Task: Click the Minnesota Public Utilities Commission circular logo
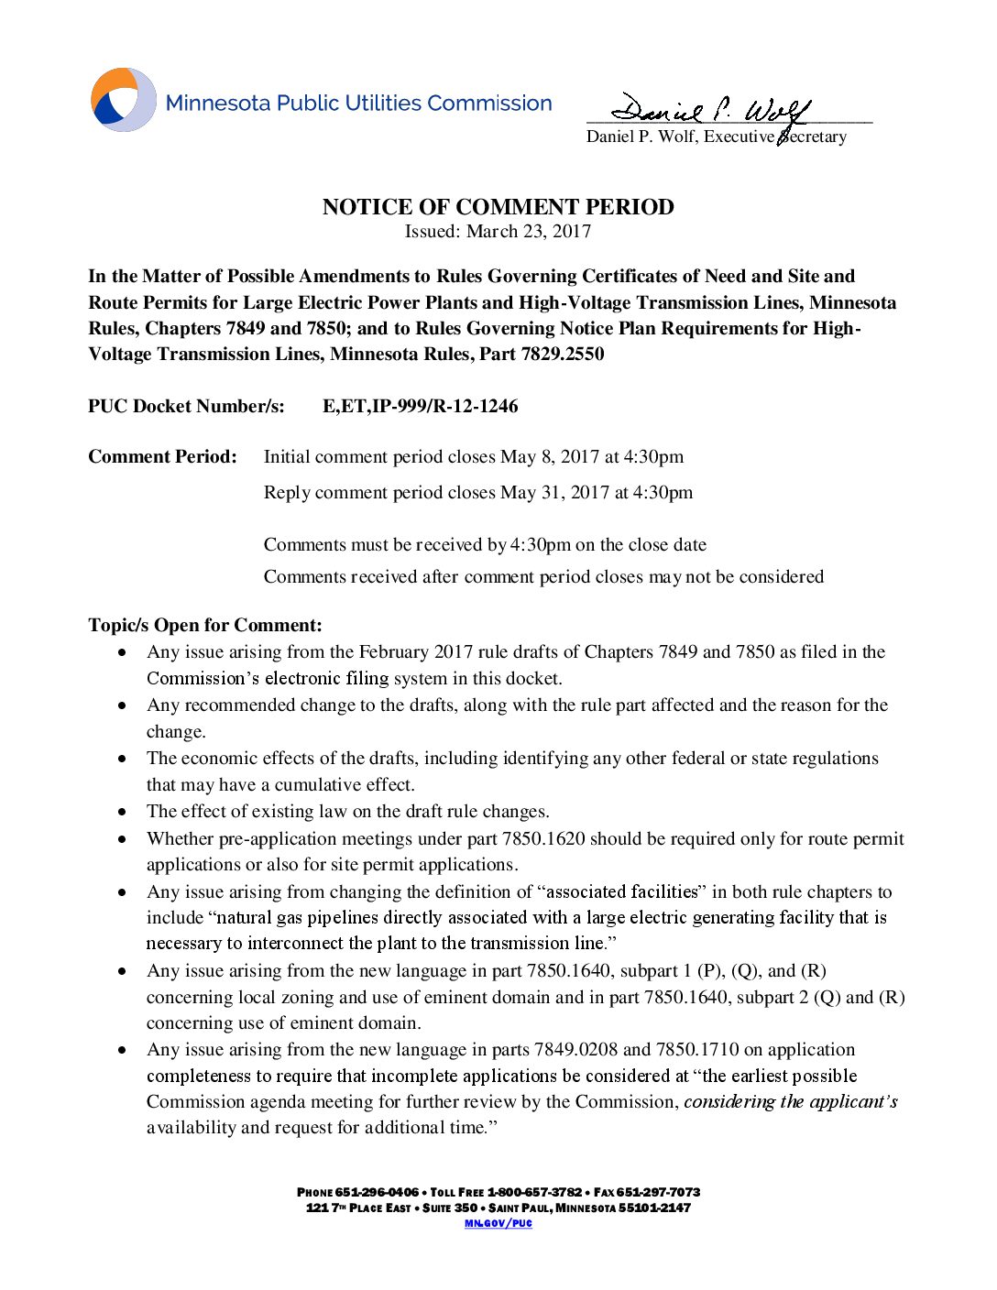click(124, 100)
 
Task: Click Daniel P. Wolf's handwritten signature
click(711, 110)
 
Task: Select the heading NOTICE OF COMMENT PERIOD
click(498, 207)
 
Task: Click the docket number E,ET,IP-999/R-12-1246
click(420, 406)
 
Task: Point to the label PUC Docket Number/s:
click(186, 406)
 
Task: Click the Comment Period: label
click(162, 456)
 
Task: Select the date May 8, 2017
click(550, 456)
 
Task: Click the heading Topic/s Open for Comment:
click(205, 625)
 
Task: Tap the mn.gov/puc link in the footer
click(498, 1223)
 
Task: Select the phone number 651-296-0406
click(377, 1192)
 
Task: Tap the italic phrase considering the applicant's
click(791, 1101)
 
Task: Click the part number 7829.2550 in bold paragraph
click(563, 355)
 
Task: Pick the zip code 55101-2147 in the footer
click(654, 1208)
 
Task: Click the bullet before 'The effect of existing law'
click(122, 812)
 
